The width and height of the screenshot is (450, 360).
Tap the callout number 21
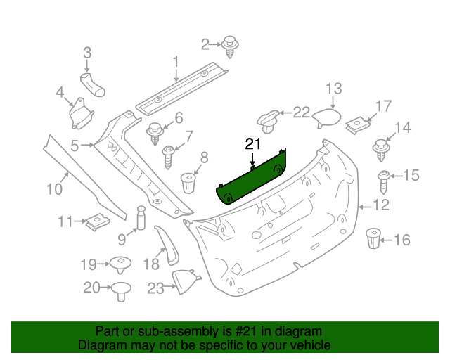click(252, 144)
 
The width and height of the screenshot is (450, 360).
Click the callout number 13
click(333, 89)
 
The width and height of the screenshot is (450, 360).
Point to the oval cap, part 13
click(326, 117)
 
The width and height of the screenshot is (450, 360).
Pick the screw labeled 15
click(384, 181)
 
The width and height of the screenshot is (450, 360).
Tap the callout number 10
click(54, 188)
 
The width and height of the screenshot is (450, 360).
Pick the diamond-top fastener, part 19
click(120, 265)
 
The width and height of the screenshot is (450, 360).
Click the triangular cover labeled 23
click(184, 282)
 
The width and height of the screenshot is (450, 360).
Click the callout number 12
click(380, 206)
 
